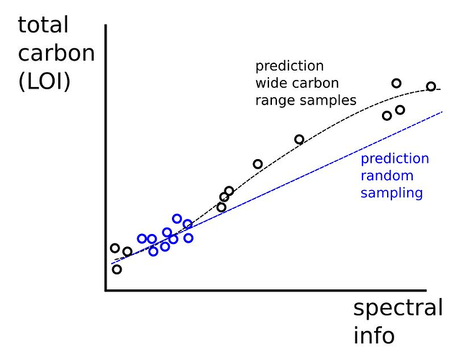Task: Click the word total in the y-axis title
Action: (43, 24)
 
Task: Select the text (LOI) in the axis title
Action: (45, 81)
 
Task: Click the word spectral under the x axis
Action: (398, 308)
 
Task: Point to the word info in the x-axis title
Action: (374, 335)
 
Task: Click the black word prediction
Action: (289, 66)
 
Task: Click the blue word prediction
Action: (395, 159)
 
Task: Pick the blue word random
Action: (387, 176)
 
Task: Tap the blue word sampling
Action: (391, 194)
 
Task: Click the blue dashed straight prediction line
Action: (277, 188)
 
